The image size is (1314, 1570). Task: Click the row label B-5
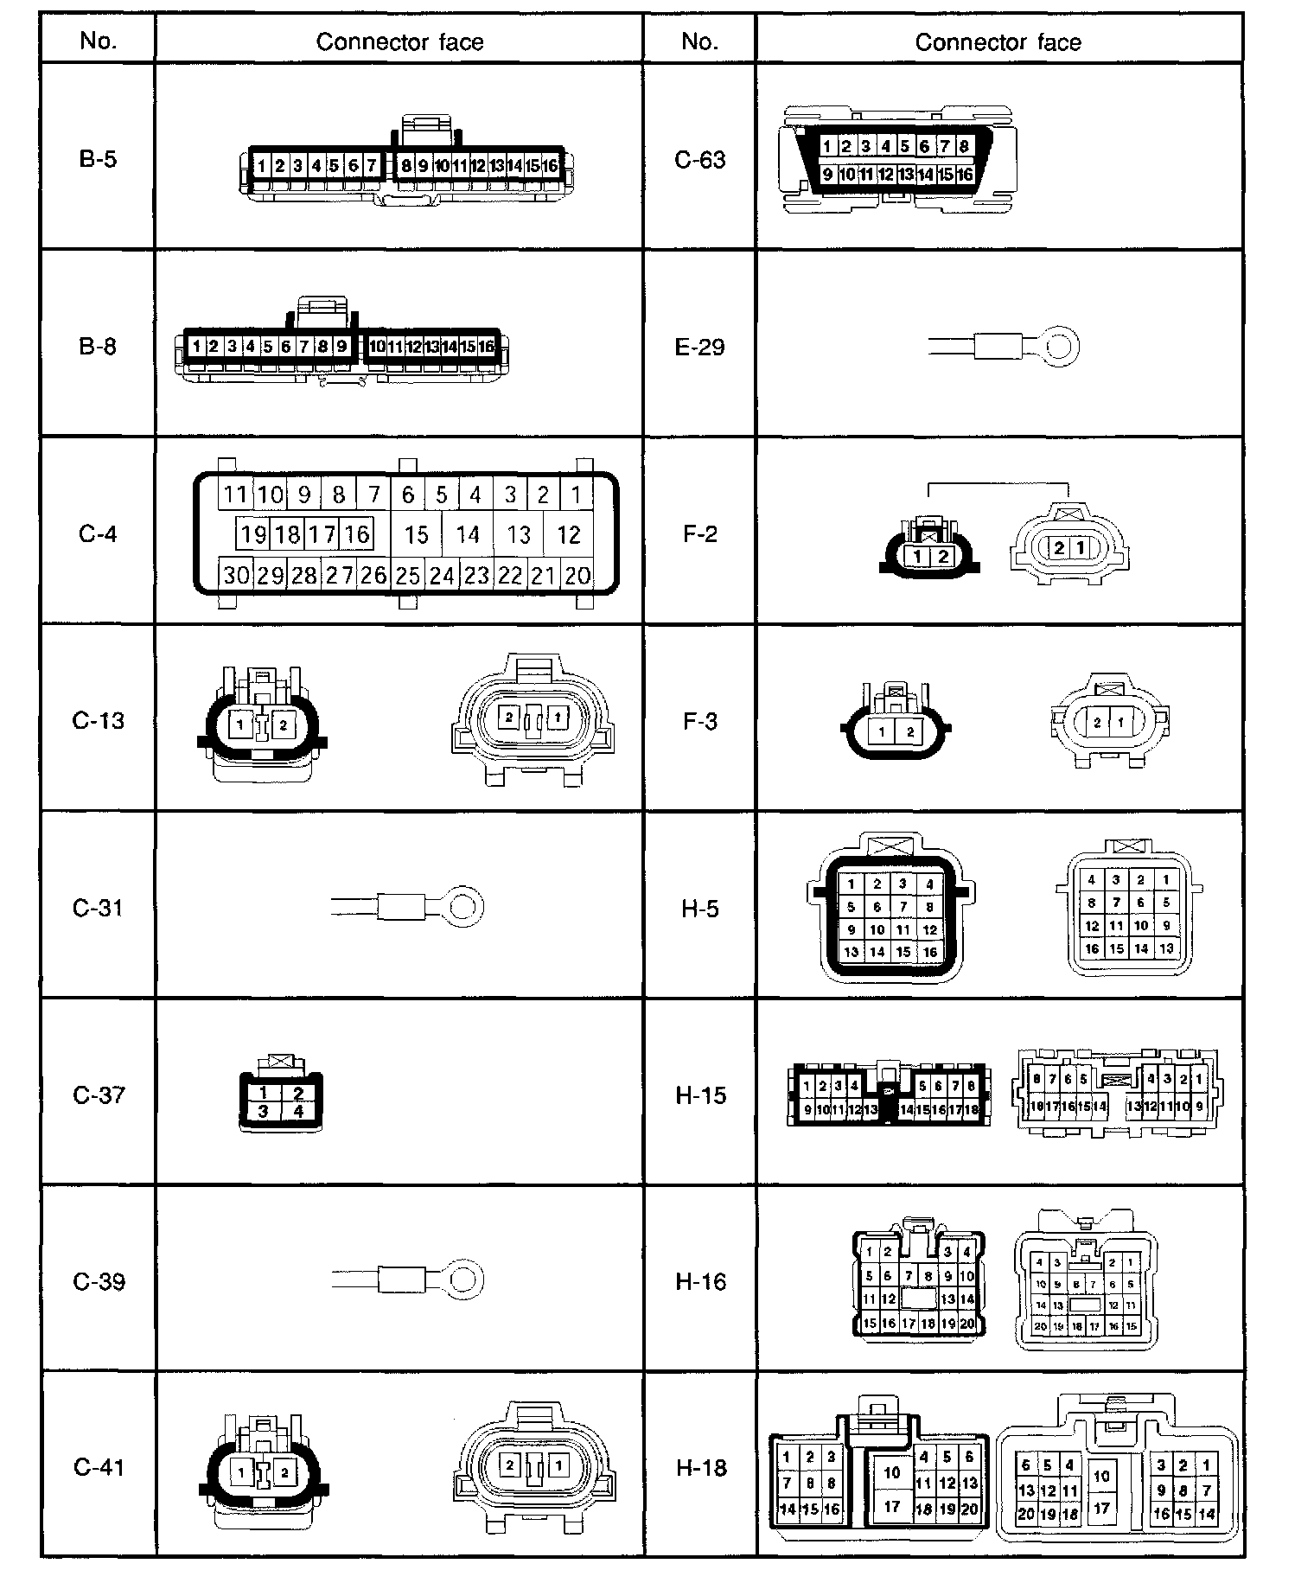[x=98, y=159]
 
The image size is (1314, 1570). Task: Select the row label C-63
[x=699, y=160]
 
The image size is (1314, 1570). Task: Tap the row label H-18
[x=700, y=1467]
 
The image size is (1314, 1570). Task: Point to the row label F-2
[x=699, y=533]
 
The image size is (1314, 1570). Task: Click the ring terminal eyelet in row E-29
[x=1061, y=348]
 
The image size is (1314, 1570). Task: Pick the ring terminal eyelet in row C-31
[x=465, y=907]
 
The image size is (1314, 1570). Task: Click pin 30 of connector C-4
[x=236, y=575]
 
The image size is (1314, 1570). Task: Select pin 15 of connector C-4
[x=417, y=535]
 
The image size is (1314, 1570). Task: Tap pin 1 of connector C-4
[x=576, y=495]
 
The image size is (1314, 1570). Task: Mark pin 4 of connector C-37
[x=298, y=1111]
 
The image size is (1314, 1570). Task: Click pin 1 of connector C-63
[x=827, y=146]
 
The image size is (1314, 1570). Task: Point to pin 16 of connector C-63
[x=965, y=175]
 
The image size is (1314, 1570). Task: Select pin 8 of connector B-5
[x=405, y=165]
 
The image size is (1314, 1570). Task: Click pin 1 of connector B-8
[x=197, y=347]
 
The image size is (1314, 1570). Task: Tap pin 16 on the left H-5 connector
[x=929, y=952]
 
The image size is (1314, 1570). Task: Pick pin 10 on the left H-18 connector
[x=892, y=1472]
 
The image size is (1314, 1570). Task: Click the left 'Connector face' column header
[x=399, y=41]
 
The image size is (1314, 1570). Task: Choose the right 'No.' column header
[x=699, y=41]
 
